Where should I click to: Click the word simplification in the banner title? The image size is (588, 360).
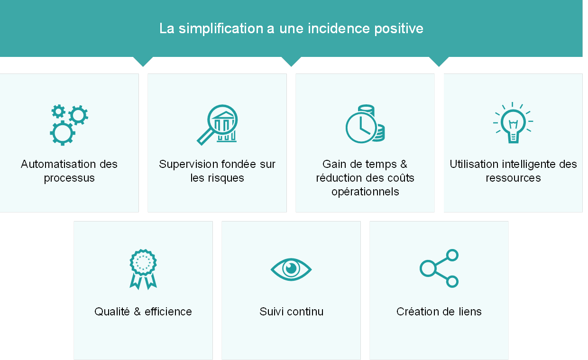(221, 28)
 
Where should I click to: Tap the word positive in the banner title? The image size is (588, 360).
(399, 28)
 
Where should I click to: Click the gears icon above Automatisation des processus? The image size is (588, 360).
(69, 125)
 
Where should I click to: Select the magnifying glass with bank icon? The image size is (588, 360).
(217, 125)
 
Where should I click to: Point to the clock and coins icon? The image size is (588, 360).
(365, 124)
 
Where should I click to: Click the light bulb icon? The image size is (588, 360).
(513, 123)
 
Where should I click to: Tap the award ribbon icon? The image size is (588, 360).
(143, 269)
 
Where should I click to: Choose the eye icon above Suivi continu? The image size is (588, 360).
(291, 269)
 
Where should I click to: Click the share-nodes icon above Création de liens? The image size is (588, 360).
(439, 268)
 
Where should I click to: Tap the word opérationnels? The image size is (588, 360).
(365, 192)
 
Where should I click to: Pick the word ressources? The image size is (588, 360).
(513, 178)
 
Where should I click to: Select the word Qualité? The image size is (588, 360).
(112, 312)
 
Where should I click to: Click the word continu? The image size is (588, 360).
(305, 312)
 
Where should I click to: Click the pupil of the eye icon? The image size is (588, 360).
(291, 268)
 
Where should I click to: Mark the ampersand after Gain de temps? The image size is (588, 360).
(404, 164)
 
